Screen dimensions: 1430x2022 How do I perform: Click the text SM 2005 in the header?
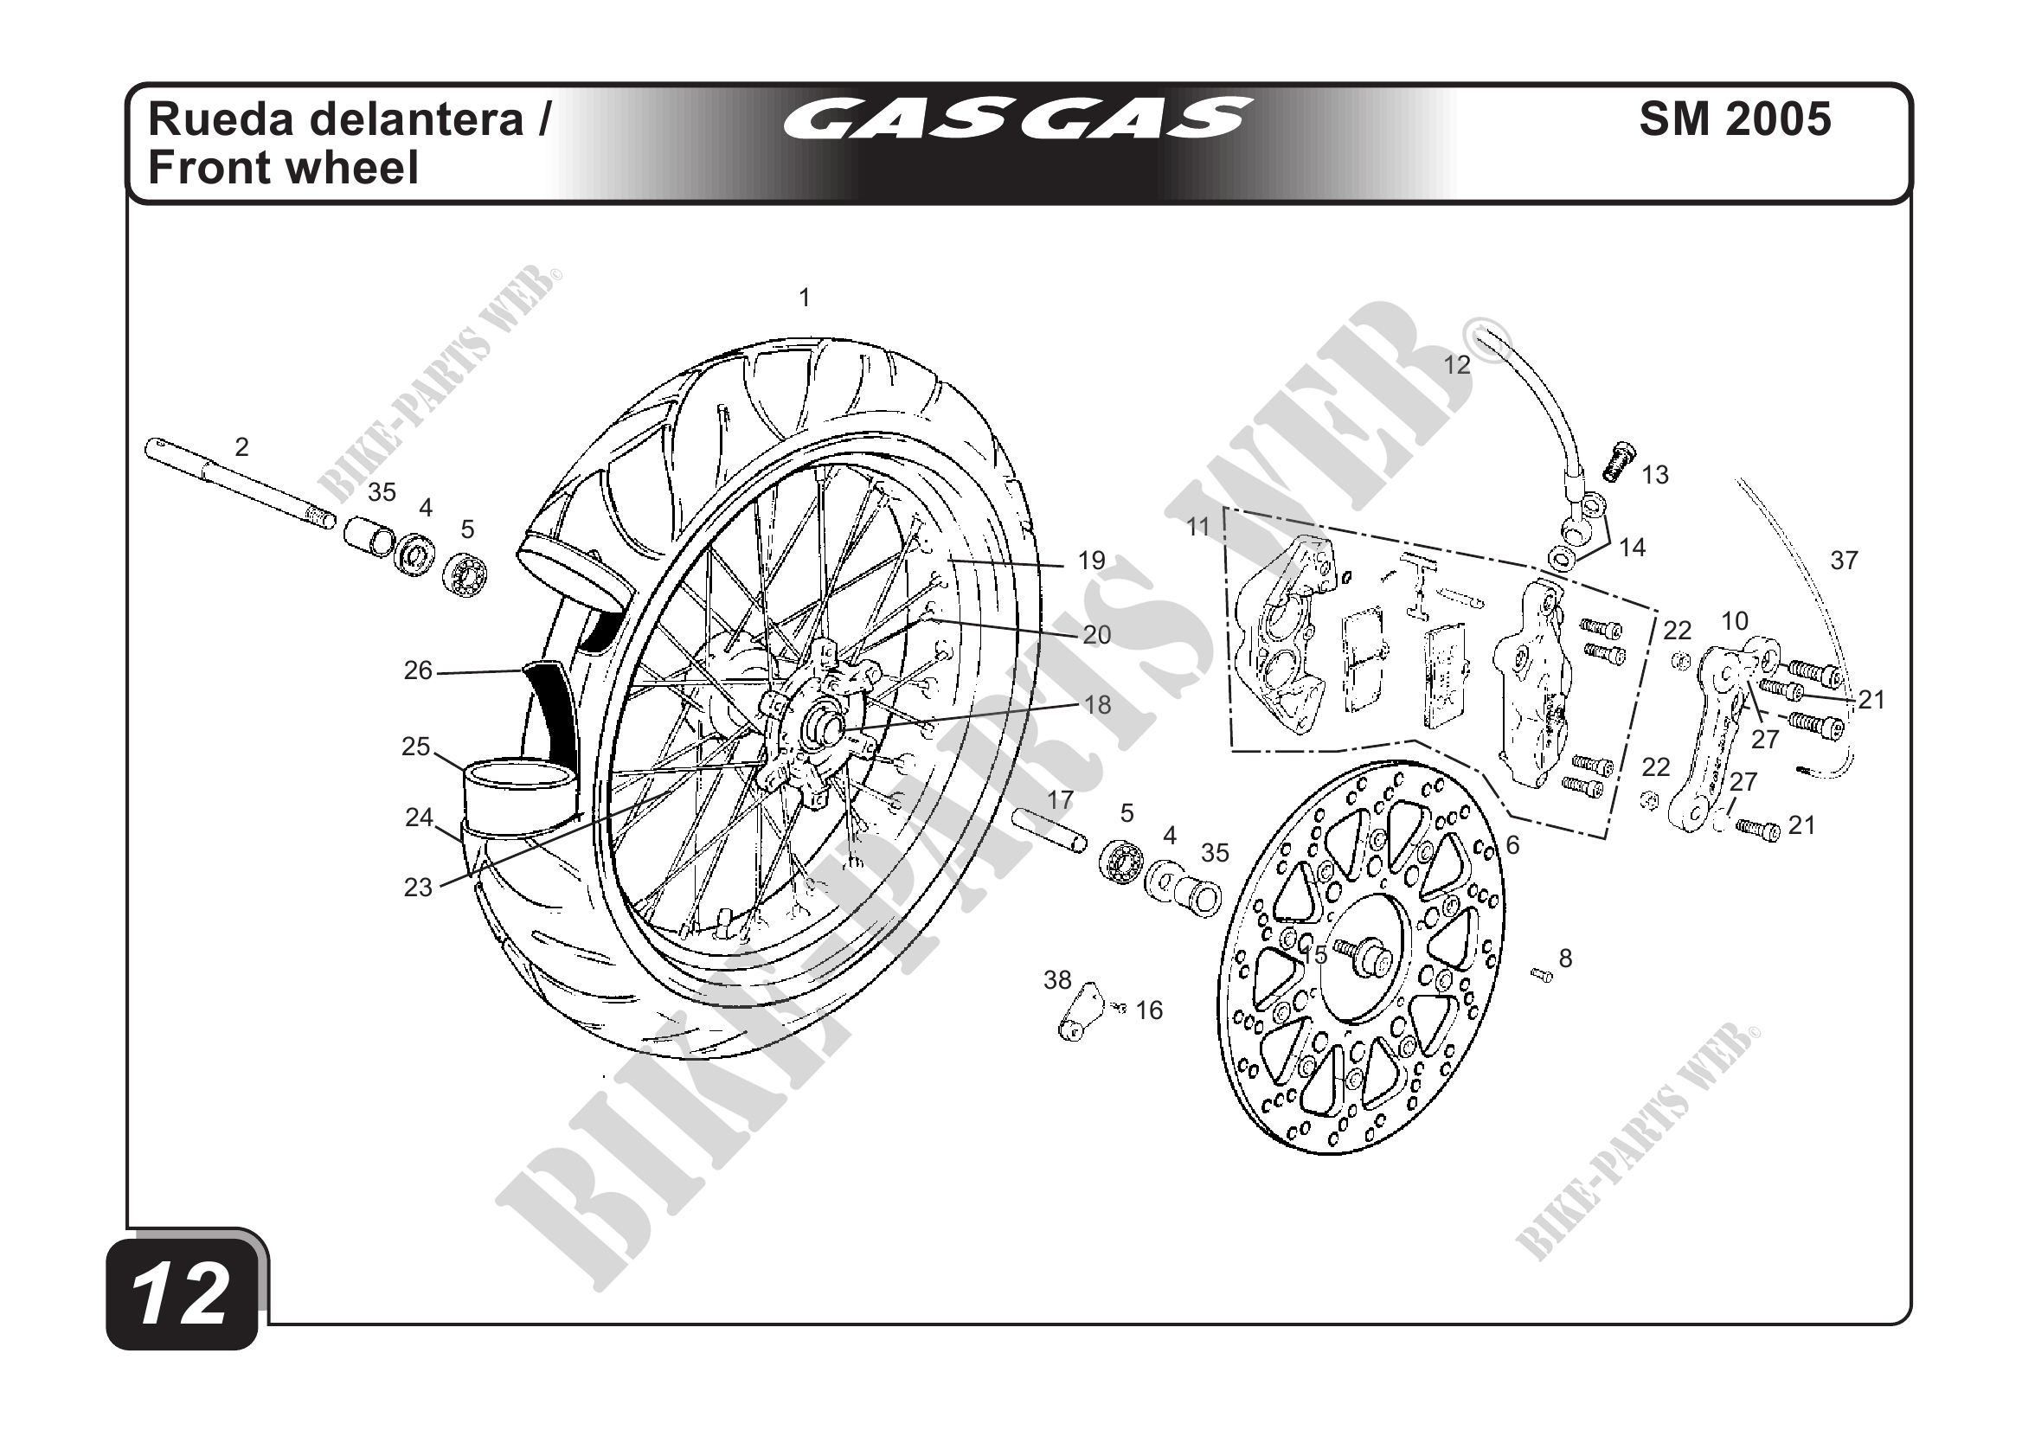[1735, 119]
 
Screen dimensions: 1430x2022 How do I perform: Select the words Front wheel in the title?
[284, 168]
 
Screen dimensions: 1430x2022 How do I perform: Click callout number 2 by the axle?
[241, 447]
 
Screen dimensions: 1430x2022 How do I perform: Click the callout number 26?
[418, 671]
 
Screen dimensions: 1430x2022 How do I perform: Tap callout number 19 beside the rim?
[1091, 561]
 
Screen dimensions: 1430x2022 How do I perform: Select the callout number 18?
[1097, 704]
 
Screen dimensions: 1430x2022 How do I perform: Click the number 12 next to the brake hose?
[1457, 365]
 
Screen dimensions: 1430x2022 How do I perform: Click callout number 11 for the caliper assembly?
[1197, 528]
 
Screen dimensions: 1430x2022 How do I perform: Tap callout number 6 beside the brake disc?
[1512, 845]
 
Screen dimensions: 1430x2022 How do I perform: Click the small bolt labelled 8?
[1542, 974]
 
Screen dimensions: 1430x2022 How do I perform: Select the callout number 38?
[1057, 980]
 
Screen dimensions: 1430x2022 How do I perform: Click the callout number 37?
[1843, 560]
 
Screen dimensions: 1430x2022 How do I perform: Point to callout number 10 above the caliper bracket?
[1735, 622]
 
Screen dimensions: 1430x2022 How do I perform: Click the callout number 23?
[418, 888]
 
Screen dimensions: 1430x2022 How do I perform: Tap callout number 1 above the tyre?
[804, 298]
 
